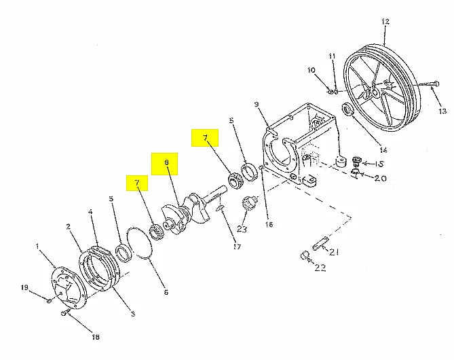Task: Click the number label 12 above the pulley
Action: point(385,22)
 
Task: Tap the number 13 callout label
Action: point(442,111)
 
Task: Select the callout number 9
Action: point(257,104)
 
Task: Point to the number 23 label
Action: point(242,229)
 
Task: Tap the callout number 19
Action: point(24,287)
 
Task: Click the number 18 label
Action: point(95,337)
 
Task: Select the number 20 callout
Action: point(379,179)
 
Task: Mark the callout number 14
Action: point(383,149)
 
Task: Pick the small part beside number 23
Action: point(248,203)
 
